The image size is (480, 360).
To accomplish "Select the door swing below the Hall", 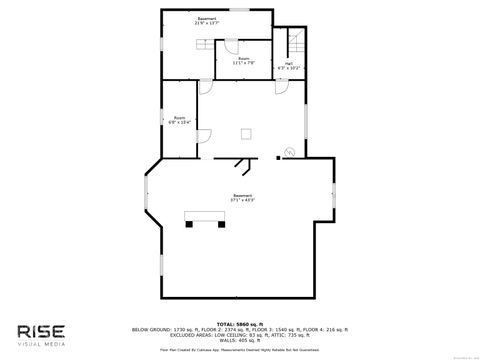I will click(x=282, y=87).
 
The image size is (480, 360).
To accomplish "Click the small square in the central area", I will click(x=245, y=133).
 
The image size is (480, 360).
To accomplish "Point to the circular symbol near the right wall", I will click(x=291, y=152).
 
